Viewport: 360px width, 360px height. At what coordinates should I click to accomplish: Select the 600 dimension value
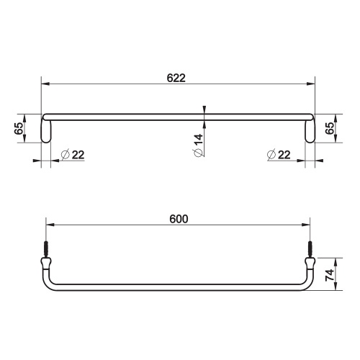coord(179,219)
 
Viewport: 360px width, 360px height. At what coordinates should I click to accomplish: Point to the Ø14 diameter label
coord(198,145)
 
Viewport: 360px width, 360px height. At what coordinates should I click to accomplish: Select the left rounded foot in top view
coord(47,131)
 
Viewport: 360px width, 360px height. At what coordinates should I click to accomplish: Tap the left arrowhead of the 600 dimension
coord(49,226)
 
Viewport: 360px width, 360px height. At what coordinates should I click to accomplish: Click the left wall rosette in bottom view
coord(45,264)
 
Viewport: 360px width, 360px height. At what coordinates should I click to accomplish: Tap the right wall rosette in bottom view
coord(312,264)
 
